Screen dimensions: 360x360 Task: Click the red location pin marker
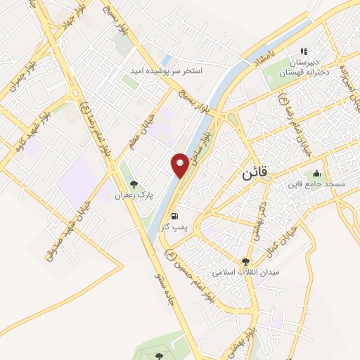(180, 165)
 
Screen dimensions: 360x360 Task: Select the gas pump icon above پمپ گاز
(174, 216)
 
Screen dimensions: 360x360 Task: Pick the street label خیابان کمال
(281, 240)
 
